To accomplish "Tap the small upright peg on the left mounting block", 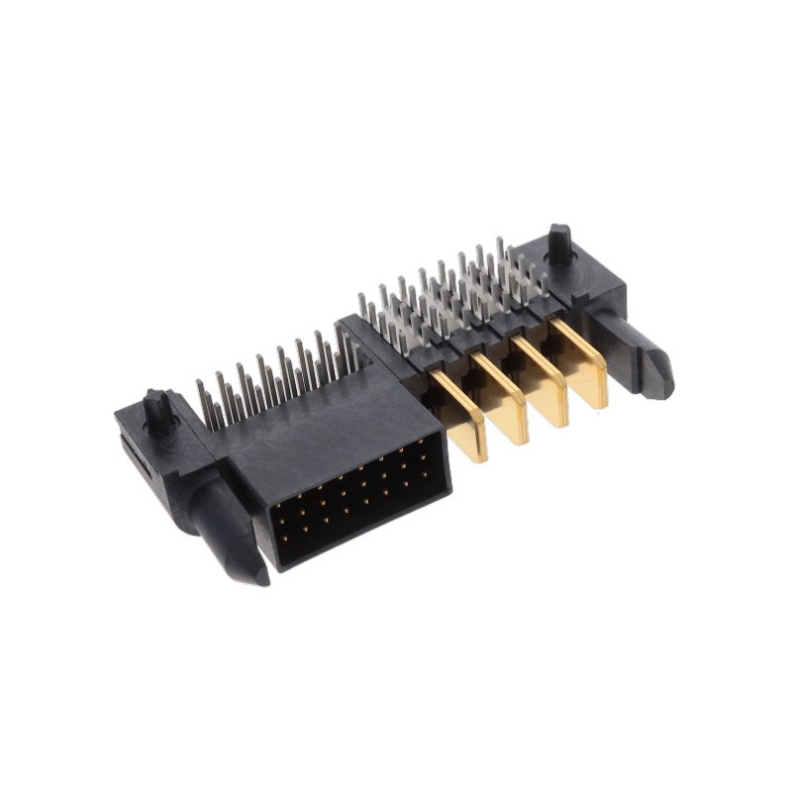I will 156,407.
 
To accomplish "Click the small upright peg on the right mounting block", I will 560,243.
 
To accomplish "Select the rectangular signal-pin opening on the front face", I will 356,500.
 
